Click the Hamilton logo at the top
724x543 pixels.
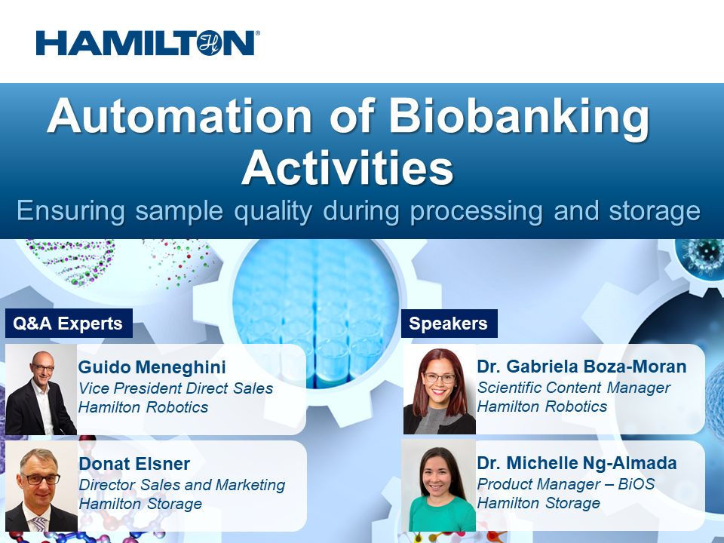pyautogui.click(x=148, y=43)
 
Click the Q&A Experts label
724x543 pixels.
pyautogui.click(x=68, y=324)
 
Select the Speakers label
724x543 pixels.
pyautogui.click(x=448, y=324)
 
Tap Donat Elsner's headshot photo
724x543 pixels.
pyautogui.click(x=41, y=486)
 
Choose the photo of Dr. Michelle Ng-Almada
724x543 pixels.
pyautogui.click(x=439, y=486)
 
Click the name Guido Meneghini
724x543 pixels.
pyautogui.click(x=152, y=367)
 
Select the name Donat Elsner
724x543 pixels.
pyautogui.click(x=134, y=464)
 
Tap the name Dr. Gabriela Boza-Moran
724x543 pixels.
pyautogui.click(x=581, y=367)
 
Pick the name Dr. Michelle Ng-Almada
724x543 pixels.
pyautogui.click(x=577, y=463)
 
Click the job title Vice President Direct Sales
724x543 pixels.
pyautogui.click(x=176, y=388)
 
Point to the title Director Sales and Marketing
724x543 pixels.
pyautogui.click(x=182, y=485)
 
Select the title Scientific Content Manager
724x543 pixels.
pyautogui.click(x=573, y=388)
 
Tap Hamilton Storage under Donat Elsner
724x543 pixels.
pyautogui.click(x=140, y=504)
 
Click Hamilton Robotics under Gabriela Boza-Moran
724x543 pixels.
pyautogui.click(x=541, y=406)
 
